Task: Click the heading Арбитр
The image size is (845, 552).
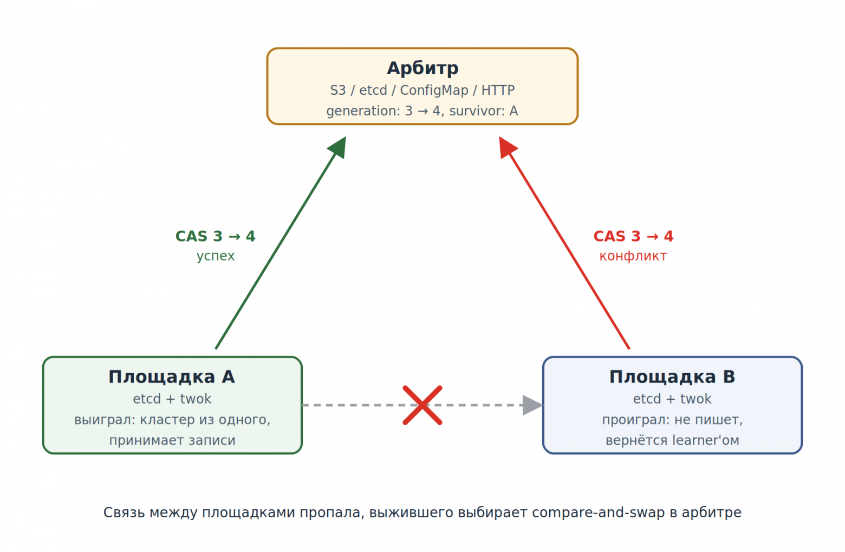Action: coord(422,68)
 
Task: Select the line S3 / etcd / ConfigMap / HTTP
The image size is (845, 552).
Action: coord(422,90)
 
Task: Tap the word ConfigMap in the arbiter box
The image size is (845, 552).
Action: coord(434,90)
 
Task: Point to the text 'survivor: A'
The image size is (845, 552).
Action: coord(484,111)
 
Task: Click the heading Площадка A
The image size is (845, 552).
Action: coord(172,376)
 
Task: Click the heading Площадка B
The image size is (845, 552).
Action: coord(672,376)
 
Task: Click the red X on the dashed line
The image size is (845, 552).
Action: coord(422,405)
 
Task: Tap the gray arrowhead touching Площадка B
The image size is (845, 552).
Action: coord(532,405)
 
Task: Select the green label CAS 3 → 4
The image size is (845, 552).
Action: coord(216,236)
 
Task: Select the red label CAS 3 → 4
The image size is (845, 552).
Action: coord(633,236)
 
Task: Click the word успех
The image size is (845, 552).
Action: coord(216,256)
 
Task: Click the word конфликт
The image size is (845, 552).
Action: coord(633,256)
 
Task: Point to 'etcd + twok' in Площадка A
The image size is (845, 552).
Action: coord(172,399)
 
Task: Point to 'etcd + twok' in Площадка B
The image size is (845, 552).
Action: coord(672,399)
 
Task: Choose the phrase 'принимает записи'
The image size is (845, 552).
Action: coord(172,441)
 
